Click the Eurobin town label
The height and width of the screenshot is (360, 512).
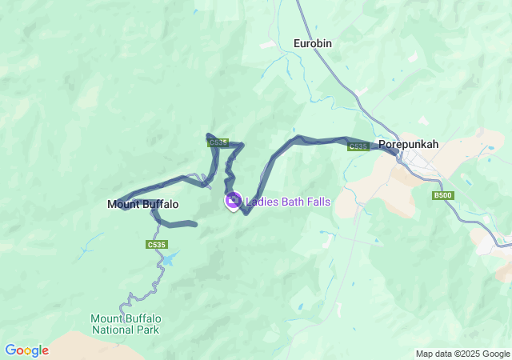312,43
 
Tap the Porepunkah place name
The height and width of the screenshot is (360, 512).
408,145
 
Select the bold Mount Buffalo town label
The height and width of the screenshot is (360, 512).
142,205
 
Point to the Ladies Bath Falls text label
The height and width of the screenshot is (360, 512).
287,202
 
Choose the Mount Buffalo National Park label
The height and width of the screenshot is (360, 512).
125,324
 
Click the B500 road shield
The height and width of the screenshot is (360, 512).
442,195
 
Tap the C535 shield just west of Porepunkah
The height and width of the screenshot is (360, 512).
358,146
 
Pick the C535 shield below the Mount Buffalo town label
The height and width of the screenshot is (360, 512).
157,245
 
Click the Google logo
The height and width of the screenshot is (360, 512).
26,350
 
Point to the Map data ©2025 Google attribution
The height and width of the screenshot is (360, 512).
462,354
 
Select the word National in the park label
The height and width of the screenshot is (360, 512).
115,330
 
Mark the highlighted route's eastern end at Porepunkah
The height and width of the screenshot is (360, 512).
395,150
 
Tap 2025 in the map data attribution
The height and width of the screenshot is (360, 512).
468,354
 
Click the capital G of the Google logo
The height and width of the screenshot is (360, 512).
10,350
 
